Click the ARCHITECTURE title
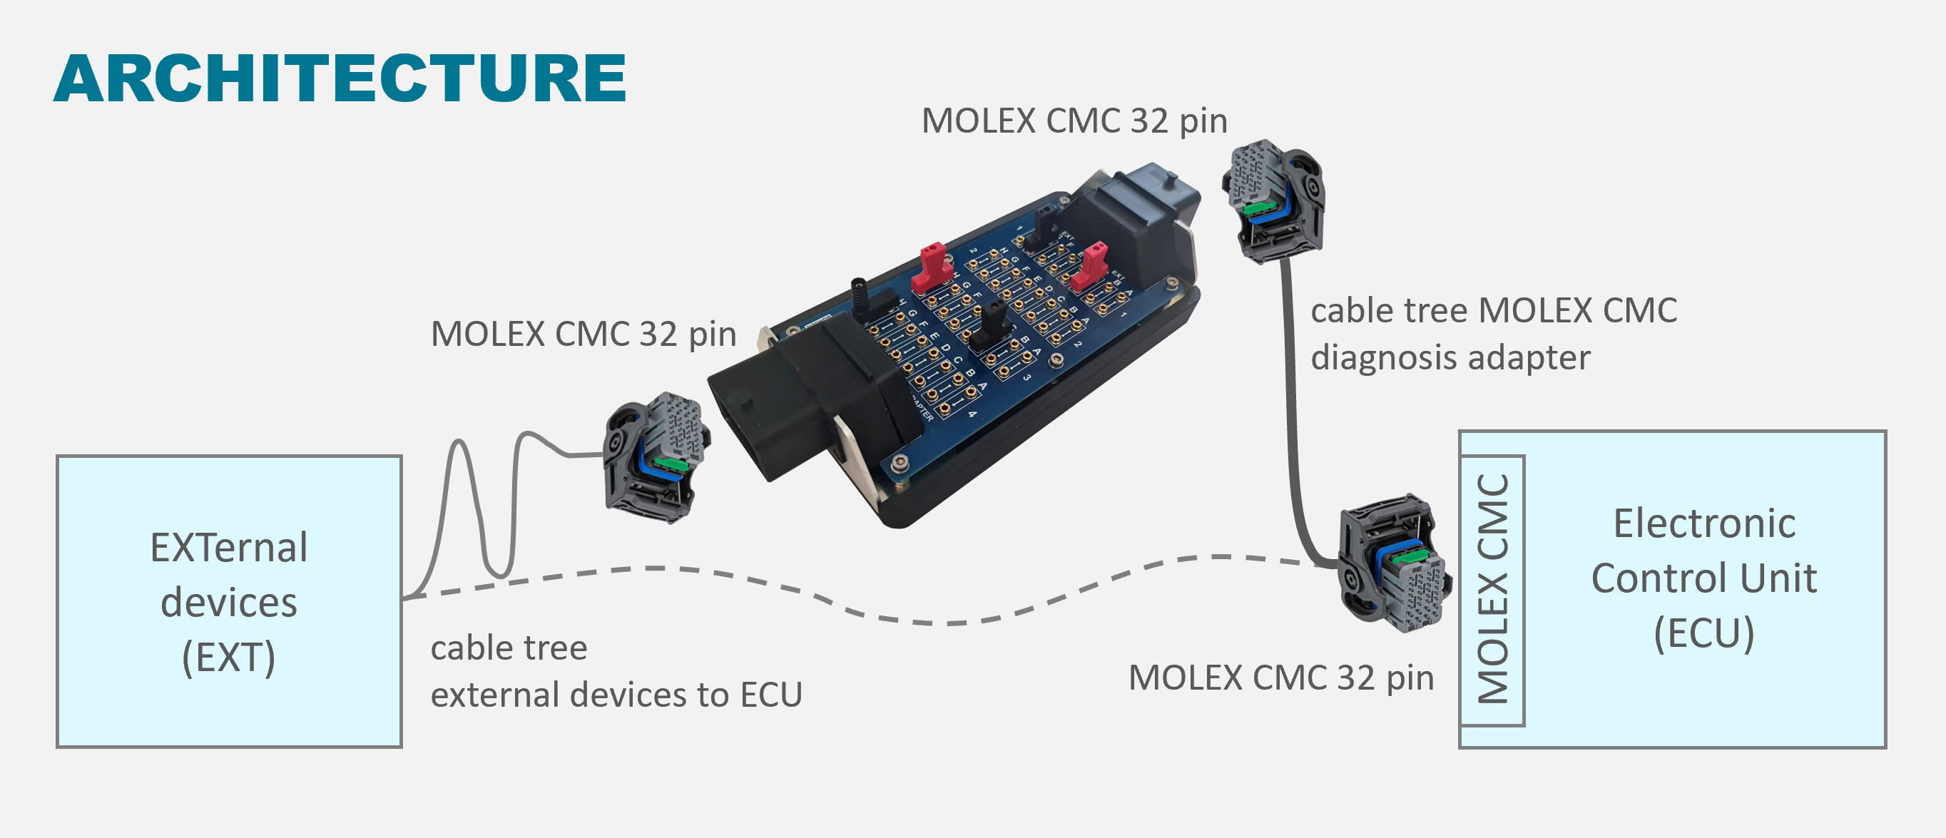tap(340, 78)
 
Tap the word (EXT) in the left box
tap(228, 657)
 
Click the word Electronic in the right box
tap(1704, 523)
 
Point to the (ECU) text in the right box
tap(1704, 633)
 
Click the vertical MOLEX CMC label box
tap(1493, 590)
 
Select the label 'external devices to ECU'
tap(616, 695)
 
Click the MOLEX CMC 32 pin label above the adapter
tap(1074, 121)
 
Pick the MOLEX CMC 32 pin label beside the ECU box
tap(1280, 678)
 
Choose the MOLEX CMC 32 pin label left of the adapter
tap(584, 334)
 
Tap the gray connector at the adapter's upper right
tap(1273, 200)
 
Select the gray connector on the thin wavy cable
tap(656, 456)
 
